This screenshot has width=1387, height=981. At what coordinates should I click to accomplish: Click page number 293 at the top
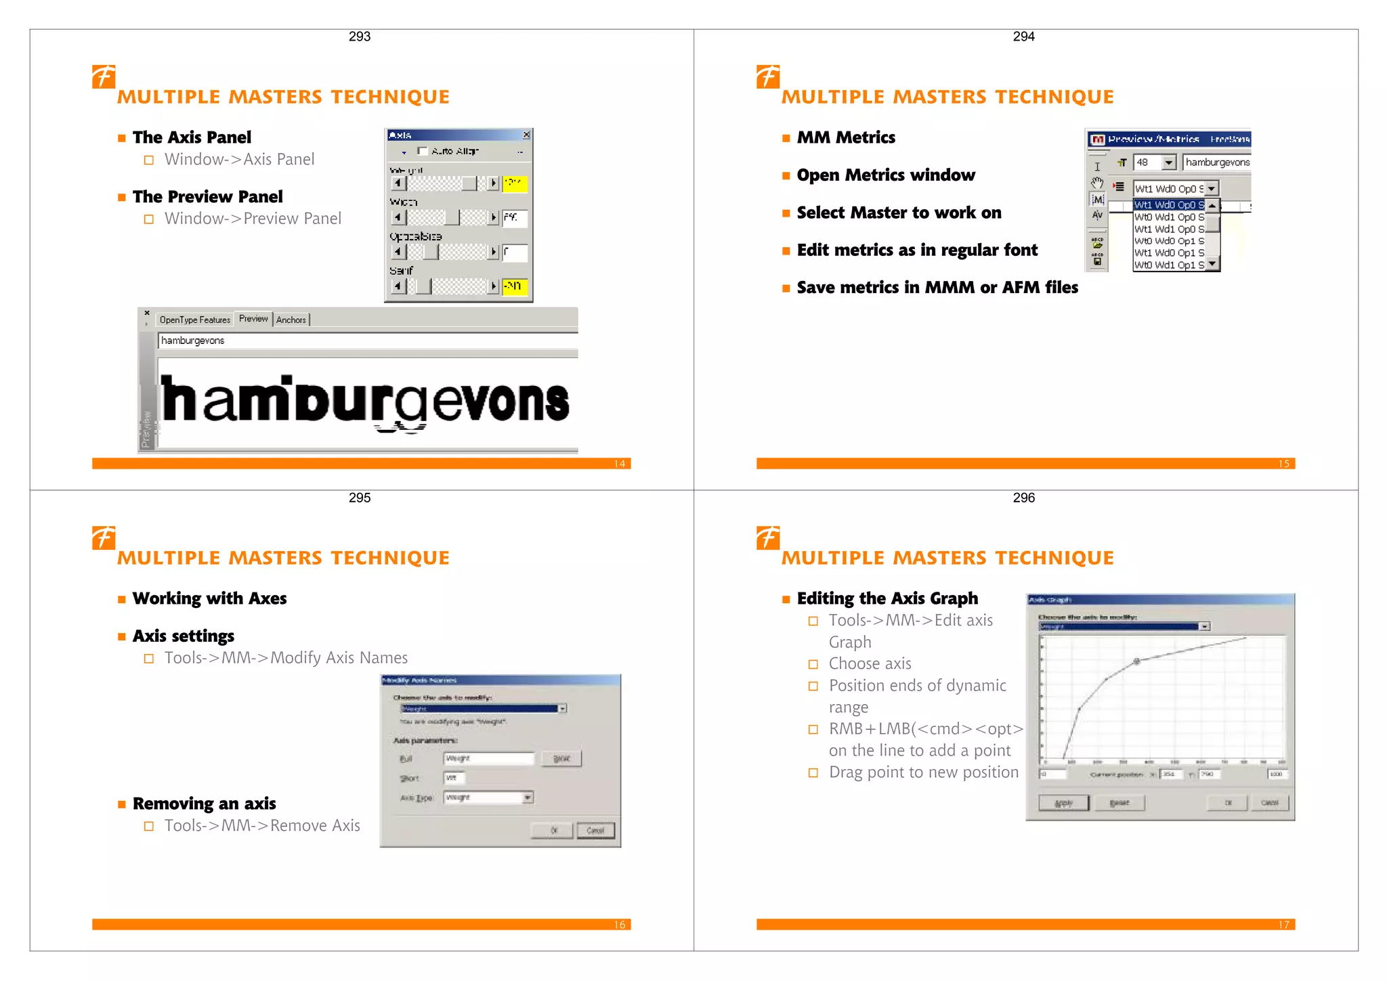click(x=360, y=37)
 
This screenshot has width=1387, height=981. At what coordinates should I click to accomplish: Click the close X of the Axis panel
click(x=526, y=135)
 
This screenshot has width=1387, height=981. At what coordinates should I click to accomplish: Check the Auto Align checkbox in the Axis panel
click(x=423, y=151)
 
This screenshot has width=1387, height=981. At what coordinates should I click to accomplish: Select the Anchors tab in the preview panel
click(x=291, y=320)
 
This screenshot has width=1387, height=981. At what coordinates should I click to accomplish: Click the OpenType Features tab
click(x=195, y=320)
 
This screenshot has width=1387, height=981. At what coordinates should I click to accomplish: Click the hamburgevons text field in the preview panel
click(x=366, y=341)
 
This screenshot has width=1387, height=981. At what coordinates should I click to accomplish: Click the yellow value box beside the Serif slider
click(x=514, y=286)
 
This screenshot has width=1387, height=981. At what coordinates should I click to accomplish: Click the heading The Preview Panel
click(x=207, y=197)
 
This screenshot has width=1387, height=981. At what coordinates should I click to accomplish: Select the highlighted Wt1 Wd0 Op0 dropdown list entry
click(x=1169, y=204)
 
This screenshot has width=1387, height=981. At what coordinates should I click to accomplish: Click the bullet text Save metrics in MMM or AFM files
click(x=937, y=288)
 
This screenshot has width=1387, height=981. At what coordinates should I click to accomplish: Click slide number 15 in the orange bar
click(x=1283, y=464)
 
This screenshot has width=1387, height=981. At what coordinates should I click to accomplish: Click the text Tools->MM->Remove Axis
click(x=262, y=826)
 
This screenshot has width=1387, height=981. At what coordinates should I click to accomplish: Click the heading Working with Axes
click(x=209, y=598)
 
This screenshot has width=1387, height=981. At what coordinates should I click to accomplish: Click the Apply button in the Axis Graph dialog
click(x=1064, y=803)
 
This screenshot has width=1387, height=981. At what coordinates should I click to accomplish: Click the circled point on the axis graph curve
click(x=1137, y=661)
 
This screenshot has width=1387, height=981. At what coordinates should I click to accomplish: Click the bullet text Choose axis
click(x=870, y=663)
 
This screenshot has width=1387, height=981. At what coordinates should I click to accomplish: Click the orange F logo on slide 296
click(x=768, y=538)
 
